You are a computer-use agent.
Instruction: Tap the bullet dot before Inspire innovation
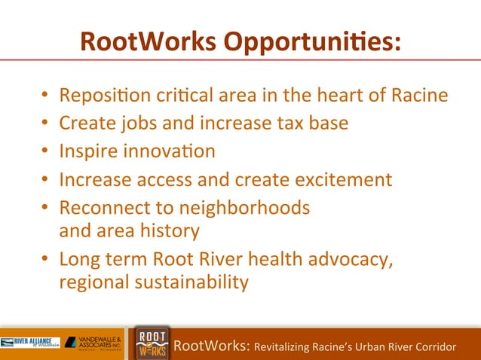tap(45, 151)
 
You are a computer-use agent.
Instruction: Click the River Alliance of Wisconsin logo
tap(30, 343)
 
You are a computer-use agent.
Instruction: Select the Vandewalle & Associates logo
tap(96, 343)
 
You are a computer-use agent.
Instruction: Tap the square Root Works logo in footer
tap(152, 343)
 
